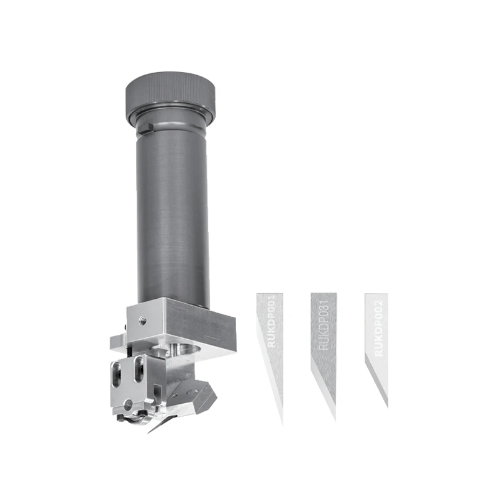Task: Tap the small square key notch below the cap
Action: click(145, 129)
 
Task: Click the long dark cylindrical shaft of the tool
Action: click(172, 211)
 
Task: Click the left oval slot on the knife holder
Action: click(116, 375)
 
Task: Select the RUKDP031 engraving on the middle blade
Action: click(323, 327)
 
